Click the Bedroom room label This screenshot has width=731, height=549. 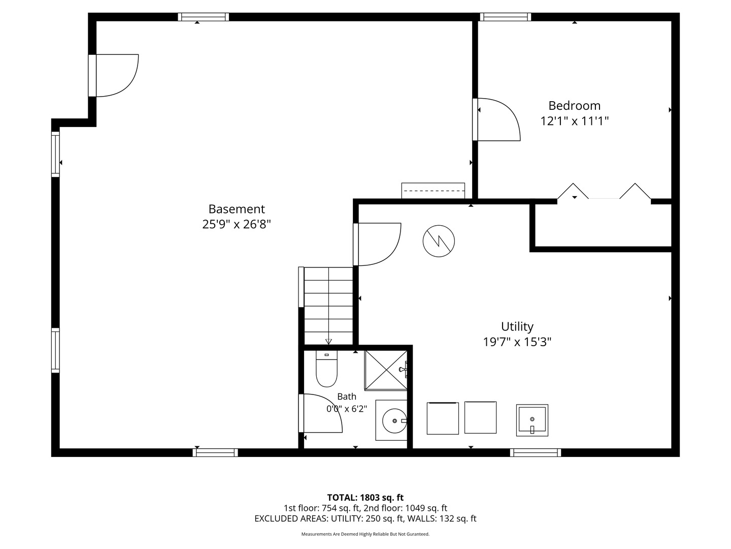click(574, 106)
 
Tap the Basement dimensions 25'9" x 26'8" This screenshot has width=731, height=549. click(237, 224)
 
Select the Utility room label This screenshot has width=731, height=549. click(517, 326)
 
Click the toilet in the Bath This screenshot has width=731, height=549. click(326, 369)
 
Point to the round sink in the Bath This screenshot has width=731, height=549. click(394, 421)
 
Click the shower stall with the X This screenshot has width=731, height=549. click(386, 370)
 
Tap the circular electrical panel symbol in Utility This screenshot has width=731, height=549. click(439, 241)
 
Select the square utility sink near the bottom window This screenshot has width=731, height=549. click(532, 420)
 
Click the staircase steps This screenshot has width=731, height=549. click(328, 306)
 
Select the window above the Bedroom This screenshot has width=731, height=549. click(505, 17)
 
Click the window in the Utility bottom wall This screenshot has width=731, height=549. click(536, 452)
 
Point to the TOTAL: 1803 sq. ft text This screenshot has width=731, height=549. click(365, 498)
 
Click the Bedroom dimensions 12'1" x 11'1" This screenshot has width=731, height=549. click(574, 121)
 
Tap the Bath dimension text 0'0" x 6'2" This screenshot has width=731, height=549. click(347, 409)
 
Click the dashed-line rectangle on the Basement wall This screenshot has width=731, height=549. click(433, 191)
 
